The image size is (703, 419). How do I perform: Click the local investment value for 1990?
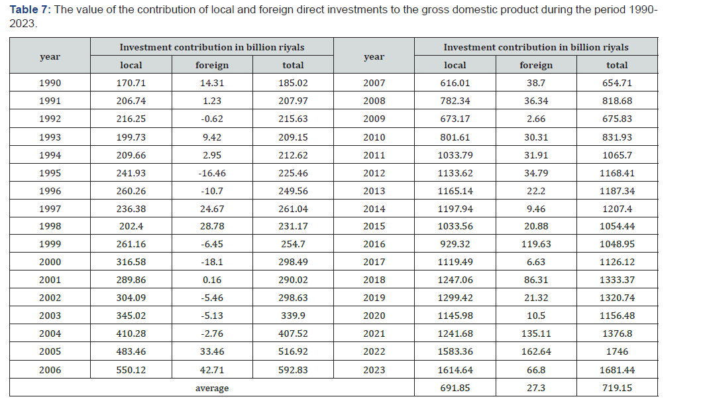[131, 83]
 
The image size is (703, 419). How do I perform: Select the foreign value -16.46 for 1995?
[212, 173]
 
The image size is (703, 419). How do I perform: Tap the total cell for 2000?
[294, 262]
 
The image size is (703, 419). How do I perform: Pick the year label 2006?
[50, 370]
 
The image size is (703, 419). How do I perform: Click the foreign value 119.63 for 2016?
[536, 244]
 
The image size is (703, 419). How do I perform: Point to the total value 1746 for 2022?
[618, 352]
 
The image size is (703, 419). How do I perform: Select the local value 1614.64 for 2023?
[455, 370]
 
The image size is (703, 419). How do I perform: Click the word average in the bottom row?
[212, 389]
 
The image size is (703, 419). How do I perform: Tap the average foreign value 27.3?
[536, 388]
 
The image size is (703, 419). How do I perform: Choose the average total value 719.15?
[618, 388]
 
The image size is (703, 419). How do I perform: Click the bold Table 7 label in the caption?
[30, 10]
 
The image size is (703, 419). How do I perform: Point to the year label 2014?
[374, 209]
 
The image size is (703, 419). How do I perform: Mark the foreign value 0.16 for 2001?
[212, 280]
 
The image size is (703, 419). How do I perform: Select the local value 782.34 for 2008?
[455, 101]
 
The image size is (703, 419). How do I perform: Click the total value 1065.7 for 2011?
[618, 155]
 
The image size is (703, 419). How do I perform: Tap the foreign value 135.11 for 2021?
[536, 333]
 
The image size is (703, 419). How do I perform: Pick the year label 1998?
[50, 227]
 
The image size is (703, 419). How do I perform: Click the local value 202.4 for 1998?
[131, 227]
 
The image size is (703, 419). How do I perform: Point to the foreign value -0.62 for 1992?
[212, 119]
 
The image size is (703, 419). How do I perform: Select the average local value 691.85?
[455, 388]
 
